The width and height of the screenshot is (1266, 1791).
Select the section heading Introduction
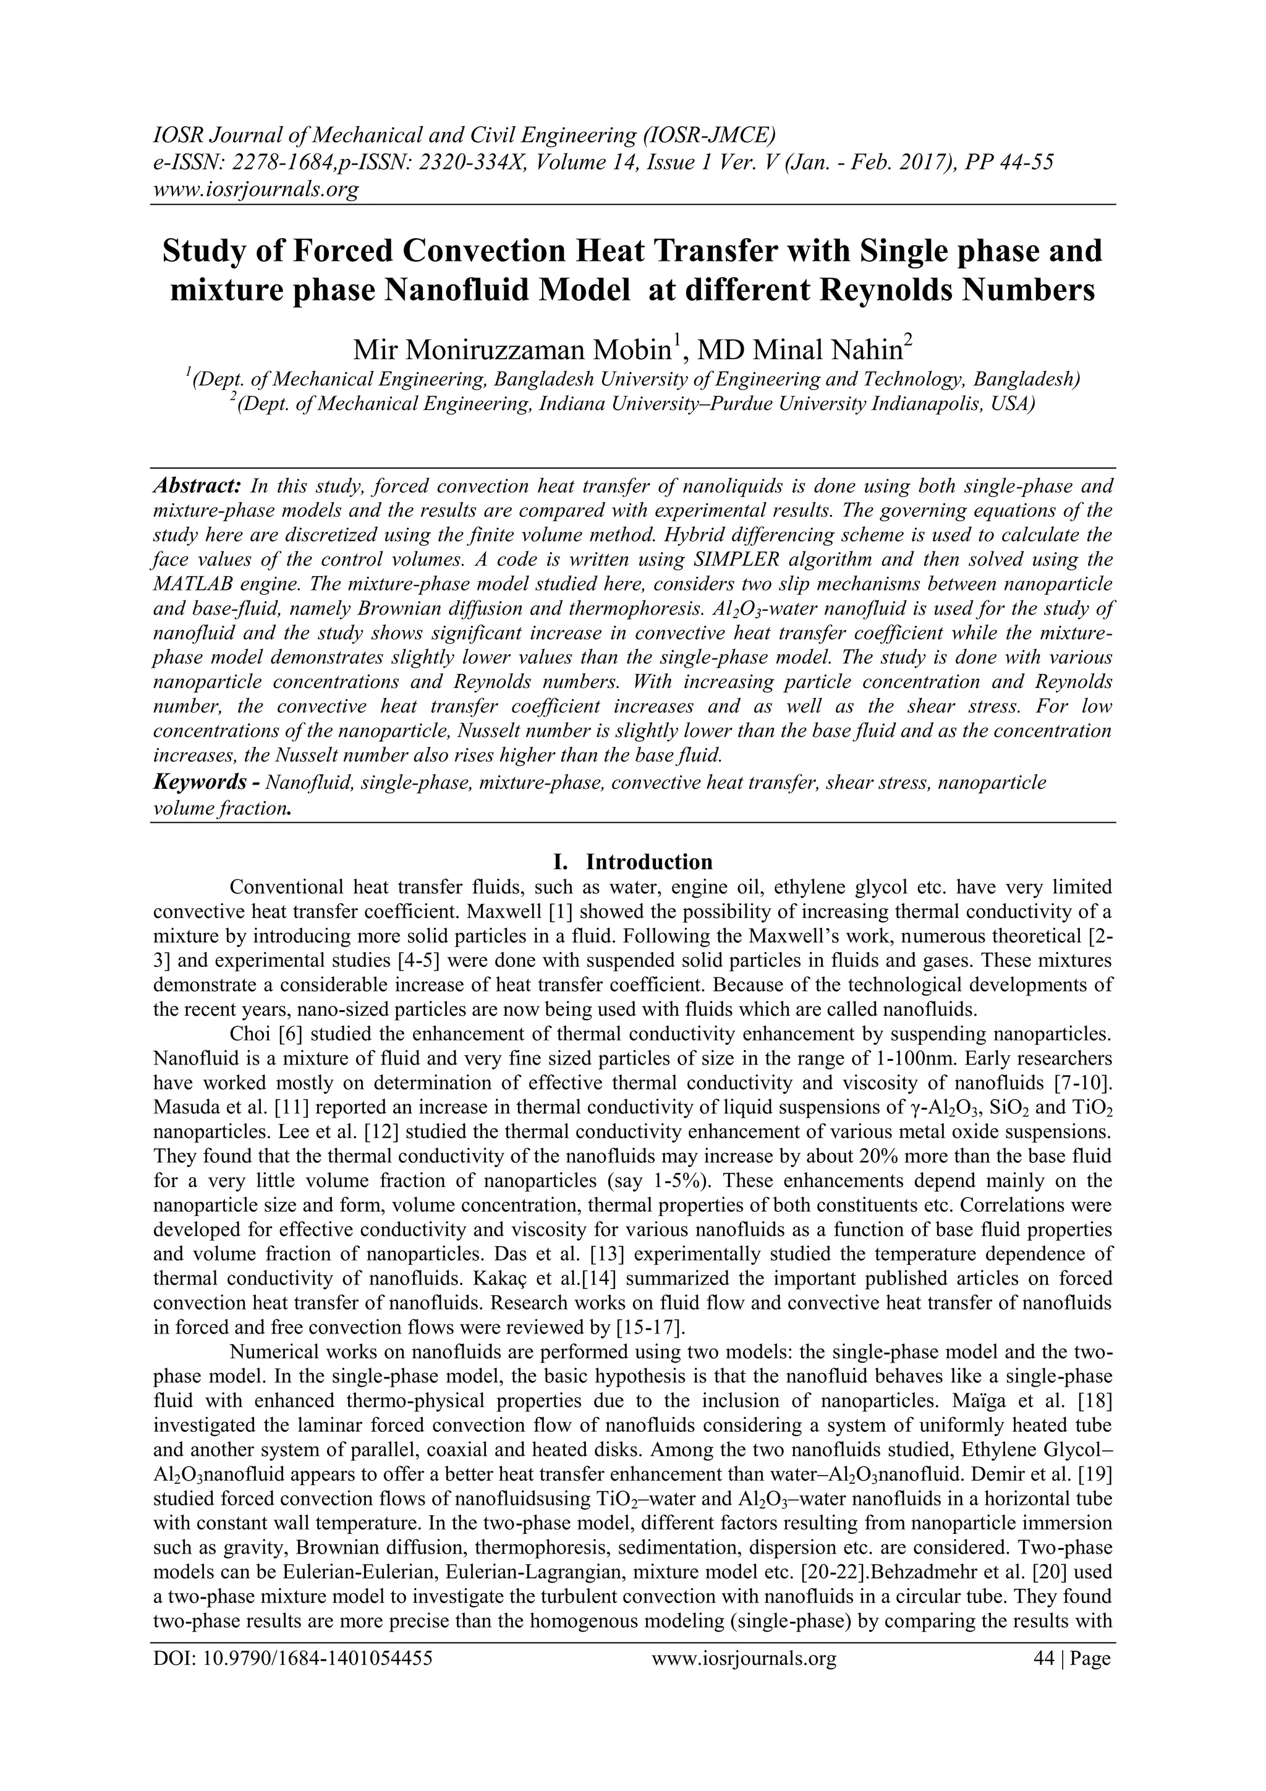pyautogui.click(x=649, y=861)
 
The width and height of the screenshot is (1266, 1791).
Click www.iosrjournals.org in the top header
pyautogui.click(x=255, y=189)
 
